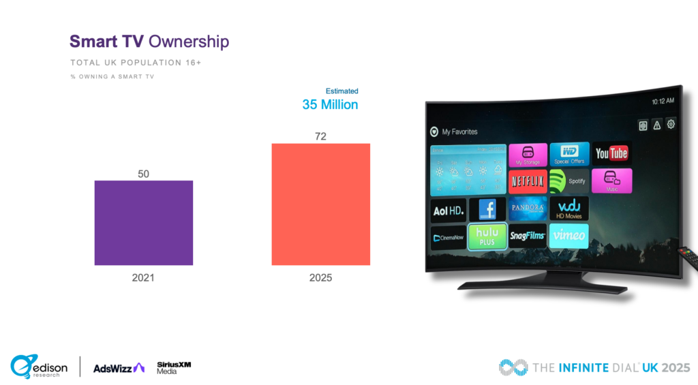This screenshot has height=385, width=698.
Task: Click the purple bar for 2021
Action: tap(143, 223)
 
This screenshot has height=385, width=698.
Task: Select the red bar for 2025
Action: tap(320, 204)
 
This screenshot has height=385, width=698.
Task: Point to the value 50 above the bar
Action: tap(143, 174)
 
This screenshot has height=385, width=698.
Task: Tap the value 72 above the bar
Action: tap(320, 136)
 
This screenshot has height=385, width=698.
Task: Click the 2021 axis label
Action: tap(143, 278)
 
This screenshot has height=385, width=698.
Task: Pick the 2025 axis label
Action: tap(320, 278)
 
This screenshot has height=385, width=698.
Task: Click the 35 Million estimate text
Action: tap(330, 105)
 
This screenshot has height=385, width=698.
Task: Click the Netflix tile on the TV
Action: tap(528, 182)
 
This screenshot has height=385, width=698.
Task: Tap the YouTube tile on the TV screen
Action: tap(611, 153)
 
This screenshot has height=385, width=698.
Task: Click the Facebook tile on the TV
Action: tap(487, 209)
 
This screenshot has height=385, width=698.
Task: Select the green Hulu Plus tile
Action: tap(487, 236)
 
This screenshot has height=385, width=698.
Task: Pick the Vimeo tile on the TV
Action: tap(568, 236)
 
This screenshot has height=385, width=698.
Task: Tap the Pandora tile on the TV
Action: tap(528, 209)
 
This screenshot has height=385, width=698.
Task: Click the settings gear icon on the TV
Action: tap(671, 124)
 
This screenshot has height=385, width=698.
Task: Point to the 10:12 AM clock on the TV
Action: tap(662, 101)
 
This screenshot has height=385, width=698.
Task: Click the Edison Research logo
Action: tap(39, 367)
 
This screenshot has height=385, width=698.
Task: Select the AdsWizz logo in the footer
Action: tap(119, 367)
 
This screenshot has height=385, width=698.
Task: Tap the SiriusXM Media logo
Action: tap(173, 367)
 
